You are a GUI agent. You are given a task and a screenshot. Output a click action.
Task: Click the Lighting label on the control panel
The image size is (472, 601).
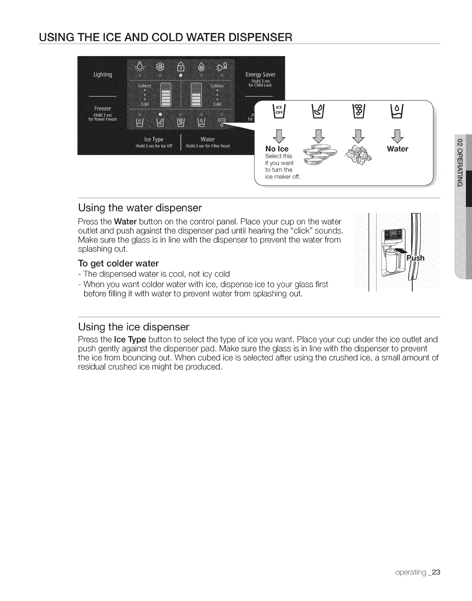tap(103, 75)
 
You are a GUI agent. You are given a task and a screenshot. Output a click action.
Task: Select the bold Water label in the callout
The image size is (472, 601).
tap(397, 149)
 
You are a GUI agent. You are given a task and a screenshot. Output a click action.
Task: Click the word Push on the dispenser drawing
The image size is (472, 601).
tap(415, 258)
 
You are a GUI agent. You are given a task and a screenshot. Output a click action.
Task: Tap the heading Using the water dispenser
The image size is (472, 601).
tap(140, 208)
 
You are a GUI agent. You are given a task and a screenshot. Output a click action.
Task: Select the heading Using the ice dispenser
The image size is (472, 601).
tap(133, 326)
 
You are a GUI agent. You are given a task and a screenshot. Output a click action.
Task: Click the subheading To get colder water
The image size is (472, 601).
tap(118, 263)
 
